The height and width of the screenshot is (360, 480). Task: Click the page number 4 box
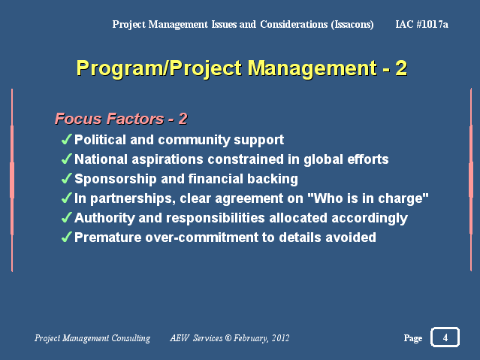(x=445, y=337)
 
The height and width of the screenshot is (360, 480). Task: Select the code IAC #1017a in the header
(x=421, y=24)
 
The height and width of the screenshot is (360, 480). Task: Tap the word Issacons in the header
(x=352, y=25)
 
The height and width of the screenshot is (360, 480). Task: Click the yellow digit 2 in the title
(x=401, y=68)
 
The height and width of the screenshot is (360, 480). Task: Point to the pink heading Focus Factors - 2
(x=121, y=119)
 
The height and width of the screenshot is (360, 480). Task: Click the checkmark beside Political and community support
(x=66, y=139)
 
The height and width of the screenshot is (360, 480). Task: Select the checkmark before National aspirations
(x=66, y=159)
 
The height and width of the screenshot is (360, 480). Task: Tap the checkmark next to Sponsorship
(x=66, y=178)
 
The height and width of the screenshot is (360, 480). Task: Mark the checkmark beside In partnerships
(x=66, y=198)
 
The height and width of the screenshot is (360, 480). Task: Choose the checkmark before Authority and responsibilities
(x=66, y=217)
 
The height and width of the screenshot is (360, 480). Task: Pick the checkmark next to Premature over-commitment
(x=66, y=237)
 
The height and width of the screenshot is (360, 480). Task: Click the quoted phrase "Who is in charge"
(x=367, y=198)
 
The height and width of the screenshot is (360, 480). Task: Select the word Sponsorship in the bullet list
(x=116, y=179)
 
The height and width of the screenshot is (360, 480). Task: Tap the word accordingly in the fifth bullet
(x=370, y=219)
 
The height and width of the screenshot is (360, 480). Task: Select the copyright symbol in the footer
(x=228, y=337)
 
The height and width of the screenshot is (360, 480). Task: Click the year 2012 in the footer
(x=280, y=338)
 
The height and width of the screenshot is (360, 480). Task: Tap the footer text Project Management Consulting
(x=92, y=338)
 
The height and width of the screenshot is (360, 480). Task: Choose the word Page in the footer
(x=413, y=338)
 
